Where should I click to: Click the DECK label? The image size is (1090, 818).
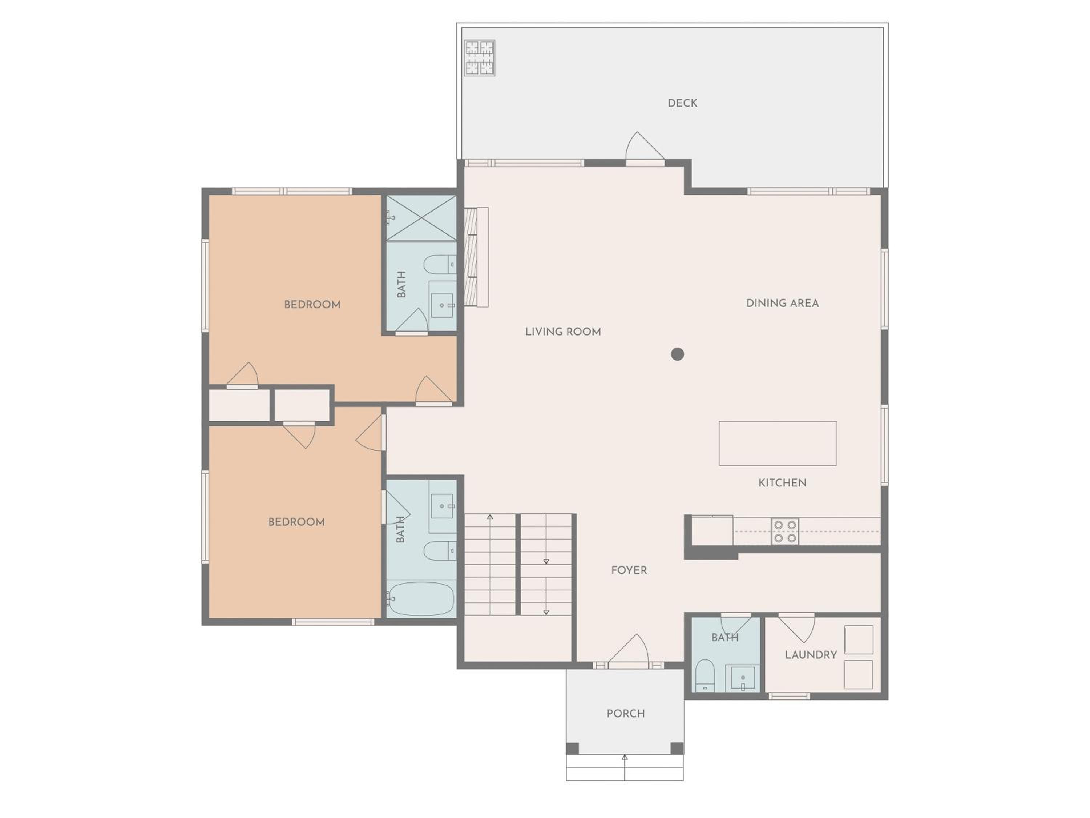pos(682,103)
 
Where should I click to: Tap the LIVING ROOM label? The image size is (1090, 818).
pos(563,332)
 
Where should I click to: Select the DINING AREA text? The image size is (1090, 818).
pos(783,303)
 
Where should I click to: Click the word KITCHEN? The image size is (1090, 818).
pos(783,483)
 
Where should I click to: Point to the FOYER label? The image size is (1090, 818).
pos(629,570)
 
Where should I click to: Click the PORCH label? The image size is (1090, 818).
pos(625,713)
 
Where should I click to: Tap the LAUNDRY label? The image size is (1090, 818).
pos(811,655)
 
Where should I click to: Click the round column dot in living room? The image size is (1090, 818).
pos(678,354)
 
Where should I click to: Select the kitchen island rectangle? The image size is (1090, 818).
pos(778,443)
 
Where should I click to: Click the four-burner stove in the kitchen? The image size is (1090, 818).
pos(785,532)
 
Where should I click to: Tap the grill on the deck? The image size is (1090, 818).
pos(480,58)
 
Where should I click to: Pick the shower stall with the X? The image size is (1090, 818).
pos(421,218)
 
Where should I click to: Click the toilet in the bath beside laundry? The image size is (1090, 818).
pos(705,675)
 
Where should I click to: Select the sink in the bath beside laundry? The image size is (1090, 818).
pos(743,678)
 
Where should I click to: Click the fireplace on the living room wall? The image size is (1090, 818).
pos(476,257)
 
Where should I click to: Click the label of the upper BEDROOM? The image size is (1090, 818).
pos(312,305)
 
